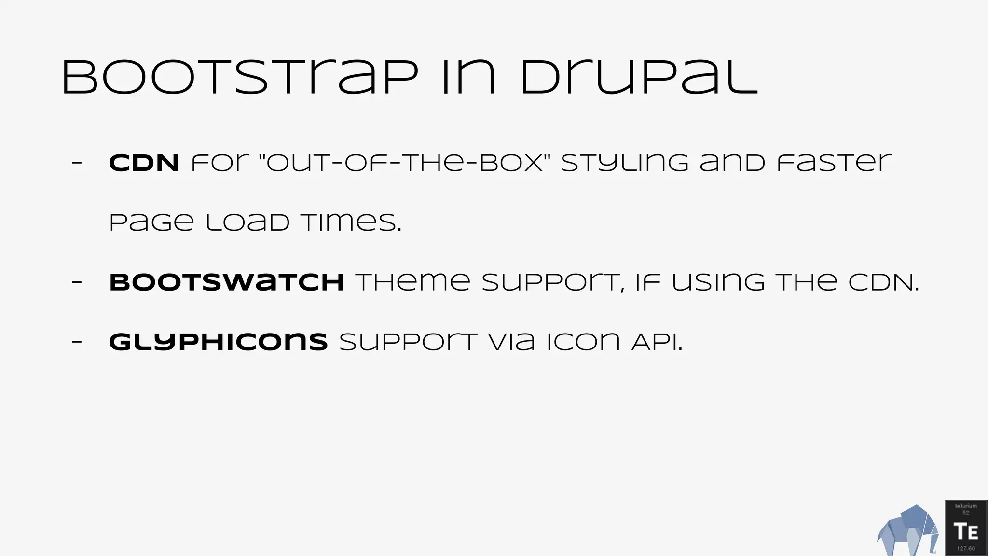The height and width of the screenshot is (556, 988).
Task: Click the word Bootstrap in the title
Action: pyautogui.click(x=240, y=77)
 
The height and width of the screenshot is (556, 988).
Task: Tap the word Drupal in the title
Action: pyautogui.click(x=639, y=77)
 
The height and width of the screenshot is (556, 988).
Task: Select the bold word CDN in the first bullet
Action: pyautogui.click(x=144, y=163)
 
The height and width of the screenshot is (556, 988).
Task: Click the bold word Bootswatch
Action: pyautogui.click(x=226, y=282)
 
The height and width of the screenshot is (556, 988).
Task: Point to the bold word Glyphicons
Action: pyautogui.click(x=218, y=342)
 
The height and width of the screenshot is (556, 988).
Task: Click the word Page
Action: pyautogui.click(x=151, y=222)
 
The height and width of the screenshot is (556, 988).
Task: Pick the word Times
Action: pyautogui.click(x=351, y=222)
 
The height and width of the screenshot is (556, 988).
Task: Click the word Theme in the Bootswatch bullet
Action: pyautogui.click(x=413, y=282)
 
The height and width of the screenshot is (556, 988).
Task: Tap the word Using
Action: pyautogui.click(x=718, y=282)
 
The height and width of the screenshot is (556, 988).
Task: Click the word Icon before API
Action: pyautogui.click(x=583, y=342)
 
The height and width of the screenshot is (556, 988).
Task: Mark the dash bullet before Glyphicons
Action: pyautogui.click(x=77, y=342)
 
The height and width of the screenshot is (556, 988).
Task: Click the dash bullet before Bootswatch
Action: pyautogui.click(x=77, y=282)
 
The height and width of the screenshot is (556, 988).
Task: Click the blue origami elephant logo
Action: pyautogui.click(x=907, y=531)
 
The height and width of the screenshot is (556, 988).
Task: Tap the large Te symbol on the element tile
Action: pyautogui.click(x=966, y=531)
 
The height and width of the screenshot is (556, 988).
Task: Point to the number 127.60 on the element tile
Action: pyautogui.click(x=966, y=549)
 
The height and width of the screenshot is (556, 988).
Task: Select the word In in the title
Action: pyautogui.click(x=468, y=77)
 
